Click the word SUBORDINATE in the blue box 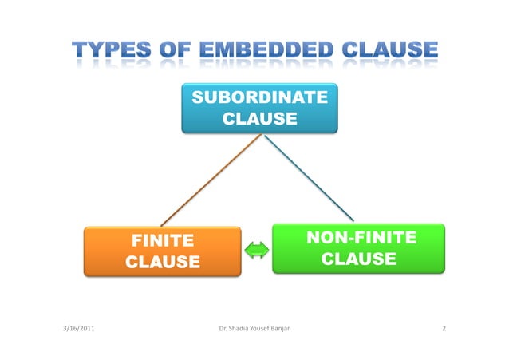click(x=259, y=98)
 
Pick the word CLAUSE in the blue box click(x=259, y=120)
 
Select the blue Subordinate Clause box click(x=259, y=109)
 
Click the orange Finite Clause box click(x=162, y=250)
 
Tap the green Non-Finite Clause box click(x=357, y=248)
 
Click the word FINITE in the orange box click(x=163, y=239)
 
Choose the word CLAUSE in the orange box click(x=163, y=262)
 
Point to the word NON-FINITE click(x=361, y=237)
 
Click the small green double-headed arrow click(x=257, y=251)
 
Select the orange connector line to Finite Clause click(x=211, y=180)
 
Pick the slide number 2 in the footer click(x=444, y=329)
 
